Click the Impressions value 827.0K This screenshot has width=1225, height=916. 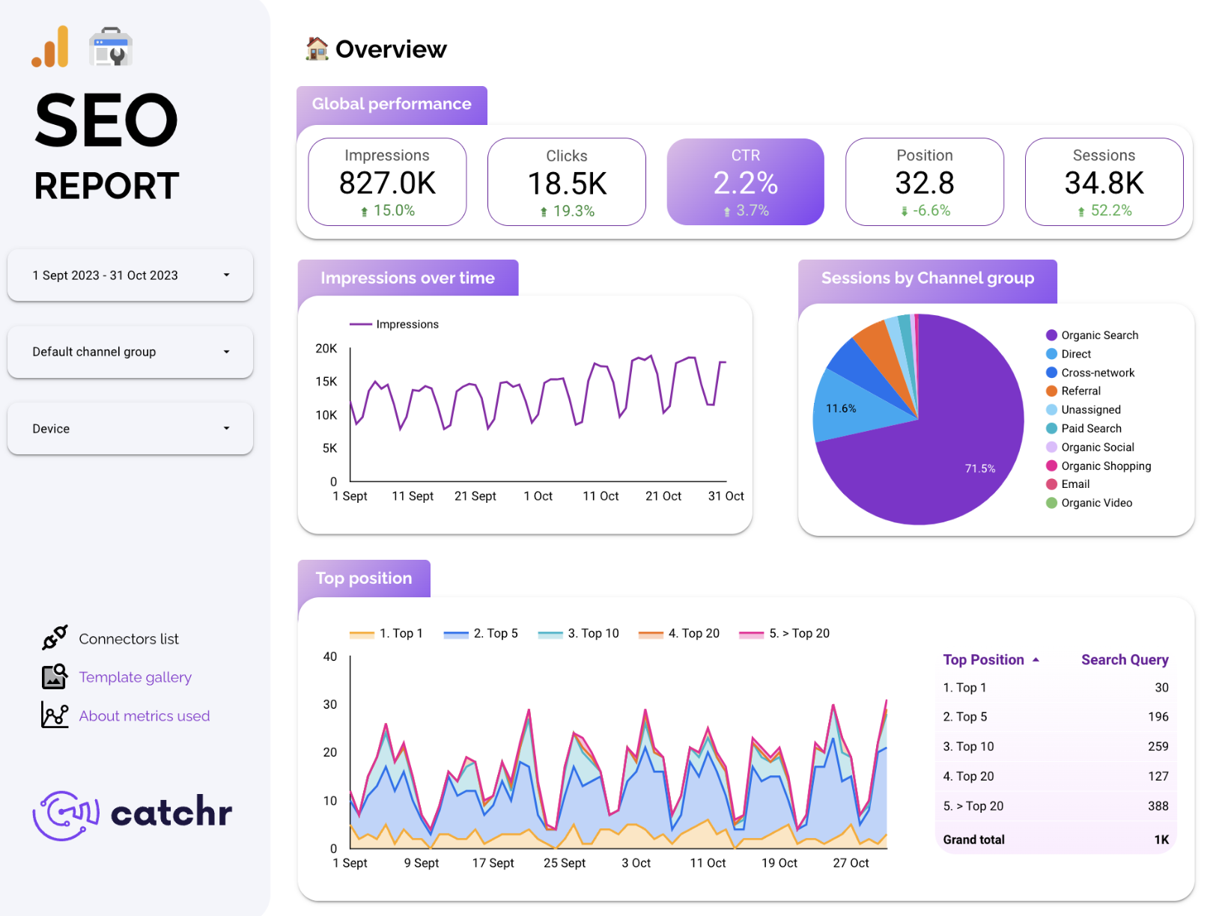click(x=387, y=183)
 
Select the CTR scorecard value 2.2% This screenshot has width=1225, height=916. click(x=745, y=183)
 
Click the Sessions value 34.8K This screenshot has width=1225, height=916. click(x=1104, y=183)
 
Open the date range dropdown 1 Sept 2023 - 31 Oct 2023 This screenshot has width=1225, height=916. click(x=130, y=275)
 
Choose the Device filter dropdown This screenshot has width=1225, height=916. click(x=130, y=429)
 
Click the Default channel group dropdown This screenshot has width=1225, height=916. click(x=130, y=352)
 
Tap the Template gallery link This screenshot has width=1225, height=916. click(x=135, y=677)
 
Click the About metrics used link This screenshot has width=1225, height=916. click(x=144, y=716)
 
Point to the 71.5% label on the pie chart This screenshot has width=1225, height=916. click(x=979, y=468)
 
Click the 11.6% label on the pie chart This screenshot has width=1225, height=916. click(x=841, y=409)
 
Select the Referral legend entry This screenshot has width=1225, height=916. click(x=1080, y=391)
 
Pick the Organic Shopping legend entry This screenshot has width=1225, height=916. click(x=1105, y=465)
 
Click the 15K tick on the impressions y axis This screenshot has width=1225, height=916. click(x=326, y=382)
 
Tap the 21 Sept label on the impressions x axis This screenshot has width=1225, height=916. click(x=475, y=496)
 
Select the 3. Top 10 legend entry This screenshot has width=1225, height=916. click(x=592, y=633)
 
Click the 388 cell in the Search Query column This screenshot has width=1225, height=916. click(x=1158, y=806)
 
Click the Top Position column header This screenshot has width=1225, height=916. click(x=983, y=659)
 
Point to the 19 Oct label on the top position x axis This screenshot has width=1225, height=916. click(x=779, y=863)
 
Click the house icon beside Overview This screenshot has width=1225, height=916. click(x=317, y=49)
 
